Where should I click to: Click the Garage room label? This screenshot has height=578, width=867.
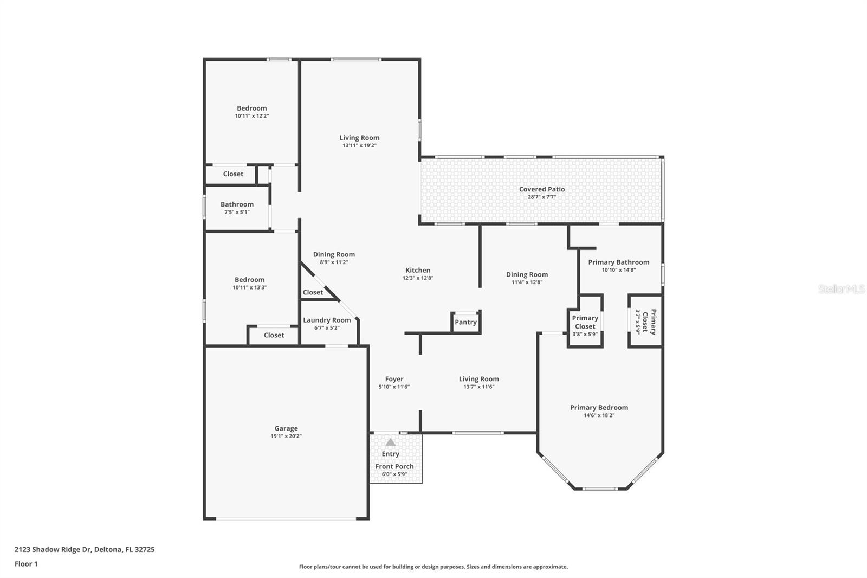point(286,428)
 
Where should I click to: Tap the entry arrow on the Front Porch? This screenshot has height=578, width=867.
point(390,442)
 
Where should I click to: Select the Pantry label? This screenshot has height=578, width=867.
point(465,322)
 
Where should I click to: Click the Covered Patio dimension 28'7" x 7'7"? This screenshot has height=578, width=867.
point(542,197)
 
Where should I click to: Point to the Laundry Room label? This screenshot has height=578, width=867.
point(327,320)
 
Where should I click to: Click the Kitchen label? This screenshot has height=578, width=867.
point(418,270)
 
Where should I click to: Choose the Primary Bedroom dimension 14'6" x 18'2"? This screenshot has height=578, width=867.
point(599,415)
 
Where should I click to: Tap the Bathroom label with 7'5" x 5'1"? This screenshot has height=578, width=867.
point(237,204)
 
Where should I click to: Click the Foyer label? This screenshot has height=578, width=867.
point(394,379)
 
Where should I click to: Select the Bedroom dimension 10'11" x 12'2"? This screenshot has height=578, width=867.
point(251,116)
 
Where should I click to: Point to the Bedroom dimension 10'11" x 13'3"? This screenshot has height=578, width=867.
point(249,287)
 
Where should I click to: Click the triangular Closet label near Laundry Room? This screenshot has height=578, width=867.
point(313,292)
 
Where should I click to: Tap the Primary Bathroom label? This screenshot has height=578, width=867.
point(618,262)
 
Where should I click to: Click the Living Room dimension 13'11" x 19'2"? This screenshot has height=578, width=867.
point(359,145)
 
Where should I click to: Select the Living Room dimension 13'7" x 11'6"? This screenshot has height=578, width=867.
point(478,387)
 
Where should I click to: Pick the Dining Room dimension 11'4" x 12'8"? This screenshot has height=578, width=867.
point(527,282)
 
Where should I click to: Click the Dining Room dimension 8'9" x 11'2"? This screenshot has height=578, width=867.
point(334,262)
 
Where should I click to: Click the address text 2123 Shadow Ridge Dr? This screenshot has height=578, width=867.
point(53,549)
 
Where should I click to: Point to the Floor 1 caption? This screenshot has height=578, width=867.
point(26,564)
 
